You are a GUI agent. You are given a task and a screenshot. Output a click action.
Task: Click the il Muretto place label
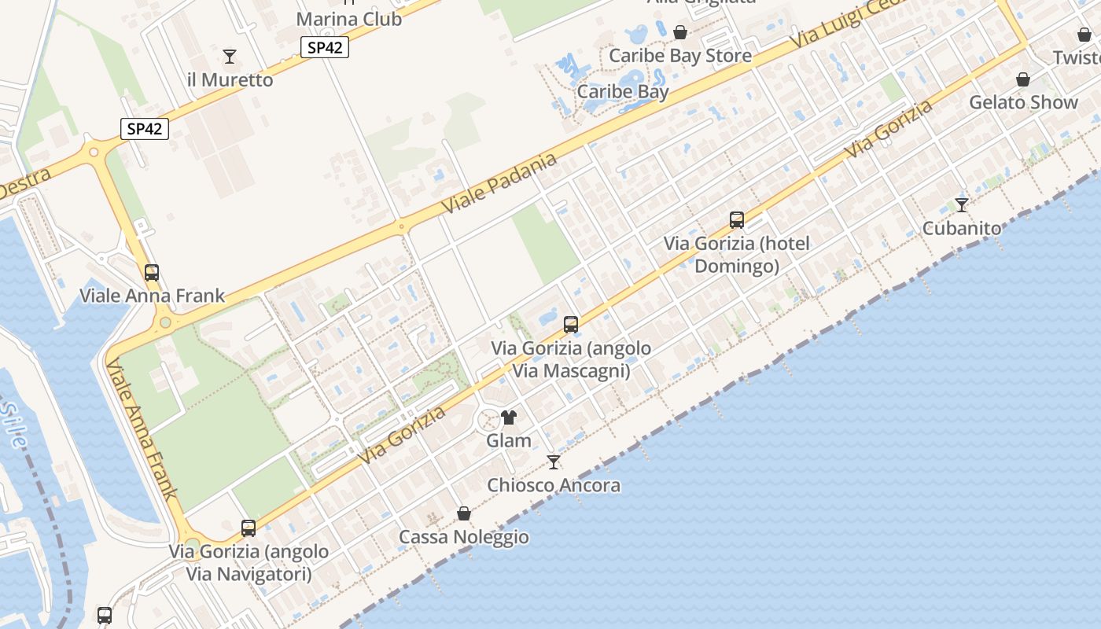tap(230, 79)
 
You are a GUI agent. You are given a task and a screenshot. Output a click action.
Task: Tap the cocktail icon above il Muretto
tap(230, 56)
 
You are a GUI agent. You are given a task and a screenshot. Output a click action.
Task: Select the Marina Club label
tap(349, 19)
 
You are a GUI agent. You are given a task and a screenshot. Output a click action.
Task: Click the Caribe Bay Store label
tap(680, 56)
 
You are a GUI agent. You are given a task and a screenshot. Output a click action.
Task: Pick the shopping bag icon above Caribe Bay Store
tap(680, 32)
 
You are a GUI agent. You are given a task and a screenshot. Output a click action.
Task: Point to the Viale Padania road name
tap(499, 183)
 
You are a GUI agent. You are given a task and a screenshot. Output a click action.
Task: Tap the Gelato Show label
tap(1023, 102)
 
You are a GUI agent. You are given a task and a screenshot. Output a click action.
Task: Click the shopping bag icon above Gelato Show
tap(1023, 79)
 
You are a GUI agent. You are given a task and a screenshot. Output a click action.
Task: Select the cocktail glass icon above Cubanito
tap(962, 205)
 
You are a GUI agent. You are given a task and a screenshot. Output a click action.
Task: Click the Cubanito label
tap(962, 228)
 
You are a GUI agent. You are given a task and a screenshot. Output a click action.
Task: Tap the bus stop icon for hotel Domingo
tap(737, 220)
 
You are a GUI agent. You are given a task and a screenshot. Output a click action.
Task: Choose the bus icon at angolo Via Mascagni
tap(571, 324)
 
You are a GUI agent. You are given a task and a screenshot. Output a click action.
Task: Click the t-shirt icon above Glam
tap(509, 417)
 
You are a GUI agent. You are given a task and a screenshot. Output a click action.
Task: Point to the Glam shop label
tap(509, 440)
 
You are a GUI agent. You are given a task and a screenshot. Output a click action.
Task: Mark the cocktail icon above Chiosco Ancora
tap(554, 462)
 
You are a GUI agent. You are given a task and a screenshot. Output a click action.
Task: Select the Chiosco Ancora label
tap(554, 485)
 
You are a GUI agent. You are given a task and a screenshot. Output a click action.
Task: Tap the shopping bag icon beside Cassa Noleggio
tap(464, 513)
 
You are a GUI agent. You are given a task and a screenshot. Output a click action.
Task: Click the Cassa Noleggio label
tap(464, 537)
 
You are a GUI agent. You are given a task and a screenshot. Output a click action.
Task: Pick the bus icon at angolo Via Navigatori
tap(249, 528)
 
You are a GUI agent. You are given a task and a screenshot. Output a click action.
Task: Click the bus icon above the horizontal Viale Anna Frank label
tap(152, 273)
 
